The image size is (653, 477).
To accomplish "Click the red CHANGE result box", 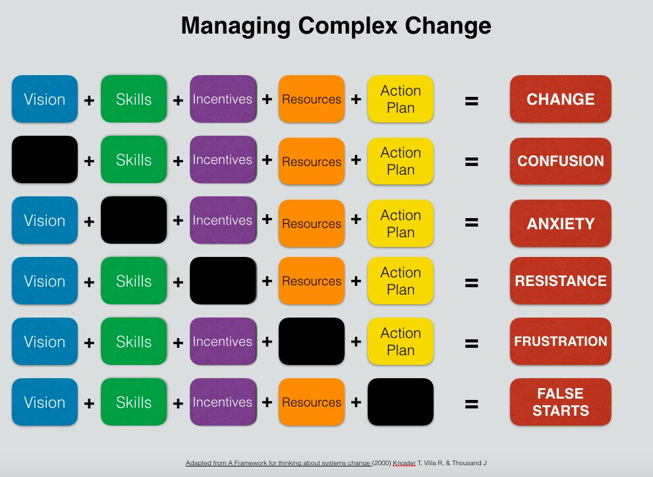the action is pos(560,99).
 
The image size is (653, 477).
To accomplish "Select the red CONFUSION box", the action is pos(560,161).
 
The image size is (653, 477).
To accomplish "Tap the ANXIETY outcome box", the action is pos(560,223).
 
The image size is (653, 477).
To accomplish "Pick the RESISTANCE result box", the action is pos(560,281).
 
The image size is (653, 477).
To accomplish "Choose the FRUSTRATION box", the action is pos(560,341).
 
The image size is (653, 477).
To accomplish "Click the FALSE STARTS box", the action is pos(560,402).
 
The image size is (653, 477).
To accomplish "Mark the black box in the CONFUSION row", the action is pos(45,159).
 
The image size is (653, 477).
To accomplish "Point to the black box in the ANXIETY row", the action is pos(134,220).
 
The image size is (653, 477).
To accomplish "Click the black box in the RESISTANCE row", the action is pos(223,281).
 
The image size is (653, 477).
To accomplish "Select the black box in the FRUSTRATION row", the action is pos(312,341).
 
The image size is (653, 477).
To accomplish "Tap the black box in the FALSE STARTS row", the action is pos(401,402).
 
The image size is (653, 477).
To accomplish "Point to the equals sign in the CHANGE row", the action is pos(471,101).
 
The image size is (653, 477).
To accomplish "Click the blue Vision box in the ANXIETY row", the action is pos(45,220).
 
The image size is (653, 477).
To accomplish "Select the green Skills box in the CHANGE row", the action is pos(134,99).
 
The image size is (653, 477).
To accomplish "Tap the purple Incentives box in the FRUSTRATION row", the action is pos(223,341).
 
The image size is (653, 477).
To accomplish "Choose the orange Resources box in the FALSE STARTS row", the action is pos(312,402).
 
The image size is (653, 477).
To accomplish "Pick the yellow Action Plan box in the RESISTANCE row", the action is pos(401,281).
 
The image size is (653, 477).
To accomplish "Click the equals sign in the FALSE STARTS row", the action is pos(471,404).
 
